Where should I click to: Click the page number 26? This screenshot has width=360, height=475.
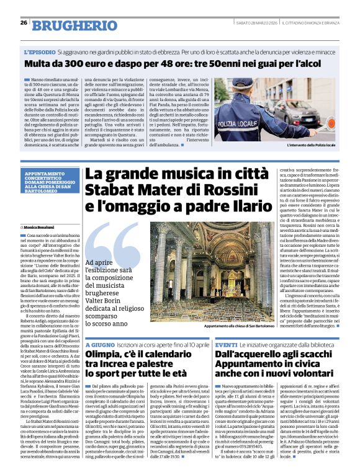click(23, 23)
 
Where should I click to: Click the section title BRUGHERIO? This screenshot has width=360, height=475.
click(70, 24)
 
